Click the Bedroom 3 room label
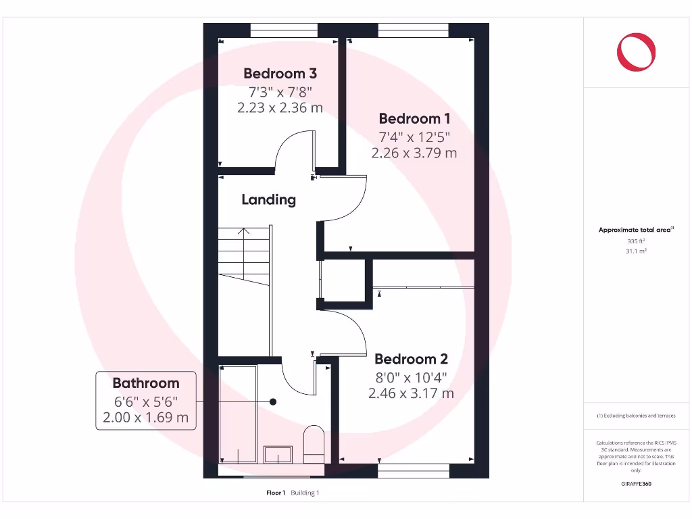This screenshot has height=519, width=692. click(280, 73)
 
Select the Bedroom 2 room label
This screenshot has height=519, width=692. click(411, 359)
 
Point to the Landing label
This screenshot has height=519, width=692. click(269, 199)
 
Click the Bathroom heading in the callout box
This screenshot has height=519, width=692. click(146, 383)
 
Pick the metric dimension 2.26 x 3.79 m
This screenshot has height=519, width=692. click(414, 153)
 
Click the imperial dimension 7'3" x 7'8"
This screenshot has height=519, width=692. click(280, 91)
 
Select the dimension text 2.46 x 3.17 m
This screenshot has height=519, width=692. click(411, 393)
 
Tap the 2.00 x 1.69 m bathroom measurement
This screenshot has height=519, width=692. click(146, 418)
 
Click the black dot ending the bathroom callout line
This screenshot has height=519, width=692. click(273, 401)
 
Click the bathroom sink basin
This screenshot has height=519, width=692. click(278, 454)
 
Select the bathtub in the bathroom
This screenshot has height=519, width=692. click(238, 414)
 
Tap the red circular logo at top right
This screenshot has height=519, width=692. click(636, 52)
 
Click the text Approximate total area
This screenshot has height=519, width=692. click(635, 230)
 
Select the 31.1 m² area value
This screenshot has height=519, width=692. click(635, 251)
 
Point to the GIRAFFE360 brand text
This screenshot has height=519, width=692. click(635, 484)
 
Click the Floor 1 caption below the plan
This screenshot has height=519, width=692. click(276, 493)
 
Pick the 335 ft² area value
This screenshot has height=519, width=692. click(635, 241)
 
